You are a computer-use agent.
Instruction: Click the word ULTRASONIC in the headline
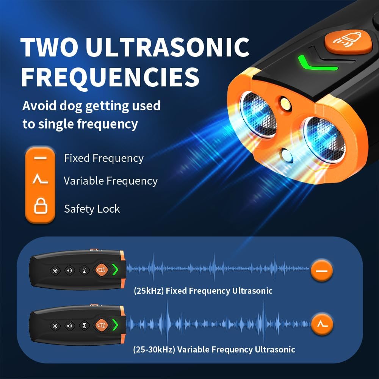(168, 47)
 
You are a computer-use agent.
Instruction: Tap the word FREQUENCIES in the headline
(110, 77)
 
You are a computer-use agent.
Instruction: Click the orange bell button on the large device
(348, 42)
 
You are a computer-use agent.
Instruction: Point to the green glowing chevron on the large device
(316, 64)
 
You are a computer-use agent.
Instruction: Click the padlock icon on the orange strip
(41, 206)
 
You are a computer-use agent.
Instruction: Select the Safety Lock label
(92, 209)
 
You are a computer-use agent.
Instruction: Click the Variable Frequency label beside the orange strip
(111, 181)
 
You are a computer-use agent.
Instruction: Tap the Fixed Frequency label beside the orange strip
(104, 158)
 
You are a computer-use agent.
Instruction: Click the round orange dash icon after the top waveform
(322, 271)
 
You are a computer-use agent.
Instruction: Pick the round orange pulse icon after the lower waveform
(322, 324)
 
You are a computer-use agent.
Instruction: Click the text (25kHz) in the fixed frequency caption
(149, 291)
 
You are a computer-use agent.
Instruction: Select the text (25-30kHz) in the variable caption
(154, 349)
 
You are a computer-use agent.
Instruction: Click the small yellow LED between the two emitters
(285, 104)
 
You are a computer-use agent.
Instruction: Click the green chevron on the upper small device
(115, 269)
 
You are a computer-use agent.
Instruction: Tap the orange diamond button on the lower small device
(102, 325)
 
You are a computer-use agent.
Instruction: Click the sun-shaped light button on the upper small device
(55, 271)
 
